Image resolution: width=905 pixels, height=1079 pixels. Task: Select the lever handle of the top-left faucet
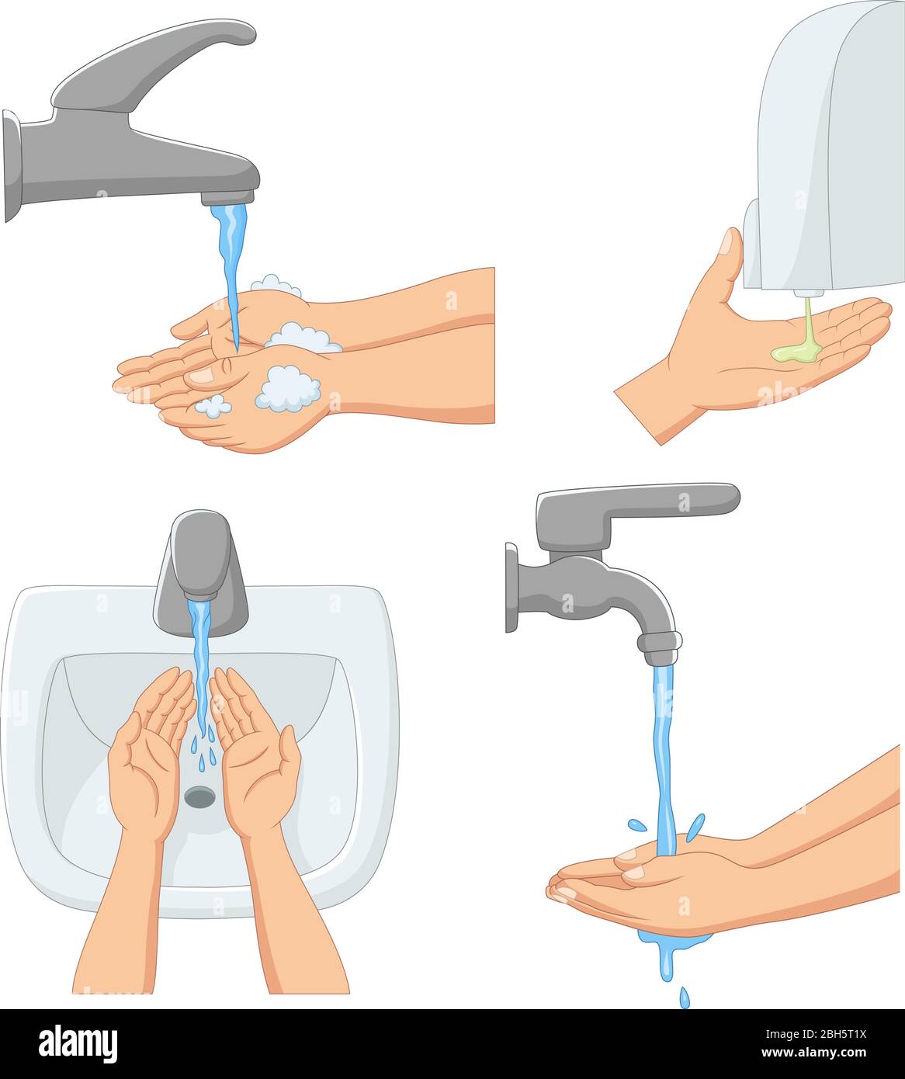point(155,66)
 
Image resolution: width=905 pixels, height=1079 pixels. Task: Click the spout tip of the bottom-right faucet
point(660,649)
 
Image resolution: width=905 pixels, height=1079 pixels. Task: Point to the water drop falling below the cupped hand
point(684,997)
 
